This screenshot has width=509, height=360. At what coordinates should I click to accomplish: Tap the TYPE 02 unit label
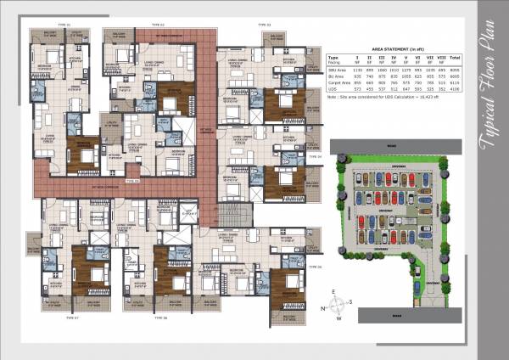[x=156, y=25]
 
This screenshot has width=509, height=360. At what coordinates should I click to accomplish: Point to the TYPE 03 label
[x=263, y=25]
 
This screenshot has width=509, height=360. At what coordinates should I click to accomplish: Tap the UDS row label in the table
[x=333, y=89]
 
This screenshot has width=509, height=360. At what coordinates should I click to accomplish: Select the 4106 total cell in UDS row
[x=454, y=89]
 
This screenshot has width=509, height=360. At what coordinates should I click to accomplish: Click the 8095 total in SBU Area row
[x=454, y=67]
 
